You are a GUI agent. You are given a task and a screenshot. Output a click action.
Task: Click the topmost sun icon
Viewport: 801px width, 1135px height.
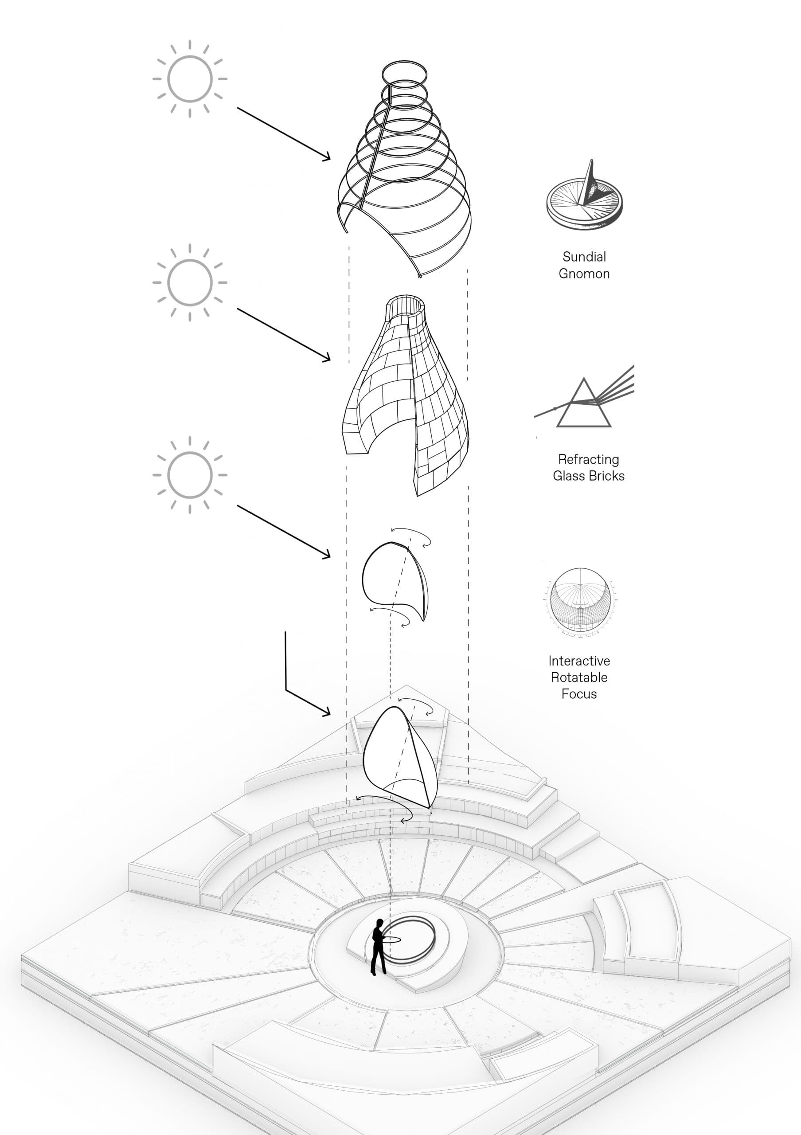pos(190,79)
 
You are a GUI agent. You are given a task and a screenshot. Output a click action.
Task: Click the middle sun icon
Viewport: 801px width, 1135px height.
pos(190,283)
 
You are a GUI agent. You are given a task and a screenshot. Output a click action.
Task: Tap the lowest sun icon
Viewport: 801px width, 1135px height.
pos(190,475)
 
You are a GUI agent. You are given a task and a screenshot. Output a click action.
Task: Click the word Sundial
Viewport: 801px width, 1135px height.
pos(584,257)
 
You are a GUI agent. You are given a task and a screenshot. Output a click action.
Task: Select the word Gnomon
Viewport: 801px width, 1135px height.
pos(584,274)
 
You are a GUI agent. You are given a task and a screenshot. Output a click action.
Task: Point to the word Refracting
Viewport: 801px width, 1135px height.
pos(589,460)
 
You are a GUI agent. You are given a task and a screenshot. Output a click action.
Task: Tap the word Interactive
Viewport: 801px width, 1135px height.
pos(579,661)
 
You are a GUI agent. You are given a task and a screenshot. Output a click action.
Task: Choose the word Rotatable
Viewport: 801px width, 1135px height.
pos(579,677)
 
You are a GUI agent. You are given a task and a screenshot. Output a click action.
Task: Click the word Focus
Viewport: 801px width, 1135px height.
pos(579,694)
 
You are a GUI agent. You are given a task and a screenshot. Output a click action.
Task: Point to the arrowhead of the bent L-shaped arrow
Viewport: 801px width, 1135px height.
pos(326,712)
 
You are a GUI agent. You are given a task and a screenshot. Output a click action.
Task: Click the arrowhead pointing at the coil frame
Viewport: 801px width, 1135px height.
pos(326,157)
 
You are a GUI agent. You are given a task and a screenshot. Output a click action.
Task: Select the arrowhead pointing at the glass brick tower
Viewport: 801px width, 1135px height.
pos(326,358)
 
